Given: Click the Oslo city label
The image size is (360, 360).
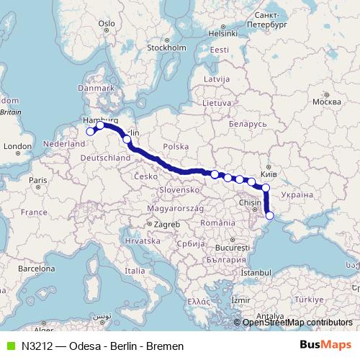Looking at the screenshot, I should tap(107, 23).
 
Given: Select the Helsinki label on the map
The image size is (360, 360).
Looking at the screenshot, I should tap(222, 32).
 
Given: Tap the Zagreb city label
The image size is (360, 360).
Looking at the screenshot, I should tap(166, 224).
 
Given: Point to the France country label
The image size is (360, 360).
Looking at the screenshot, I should tap(33, 212).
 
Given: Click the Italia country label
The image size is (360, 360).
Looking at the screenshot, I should tap(134, 271).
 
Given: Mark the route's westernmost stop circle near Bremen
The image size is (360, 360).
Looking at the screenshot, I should tap(91, 131).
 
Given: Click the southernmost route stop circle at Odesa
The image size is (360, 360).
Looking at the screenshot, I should tap(270, 215).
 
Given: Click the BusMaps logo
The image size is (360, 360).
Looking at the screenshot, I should tap(326, 345).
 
